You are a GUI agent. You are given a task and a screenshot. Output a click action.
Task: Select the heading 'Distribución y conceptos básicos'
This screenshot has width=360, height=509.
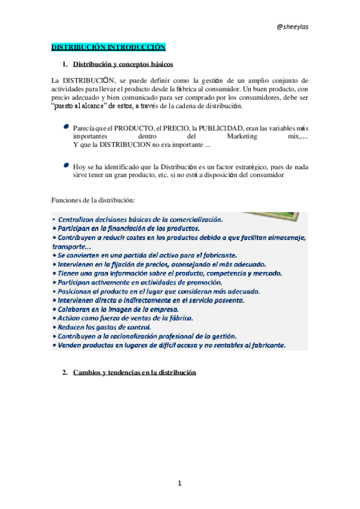[x=123, y=64]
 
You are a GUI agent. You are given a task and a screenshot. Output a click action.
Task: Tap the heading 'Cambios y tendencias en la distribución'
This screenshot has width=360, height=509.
[x=134, y=373]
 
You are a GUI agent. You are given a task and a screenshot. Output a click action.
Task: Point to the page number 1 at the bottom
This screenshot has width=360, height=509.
[x=179, y=483]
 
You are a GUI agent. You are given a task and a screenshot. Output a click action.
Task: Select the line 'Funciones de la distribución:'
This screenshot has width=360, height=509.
[x=92, y=199]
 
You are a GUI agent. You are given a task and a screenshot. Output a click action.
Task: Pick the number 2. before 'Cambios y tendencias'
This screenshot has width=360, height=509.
[x=65, y=373]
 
